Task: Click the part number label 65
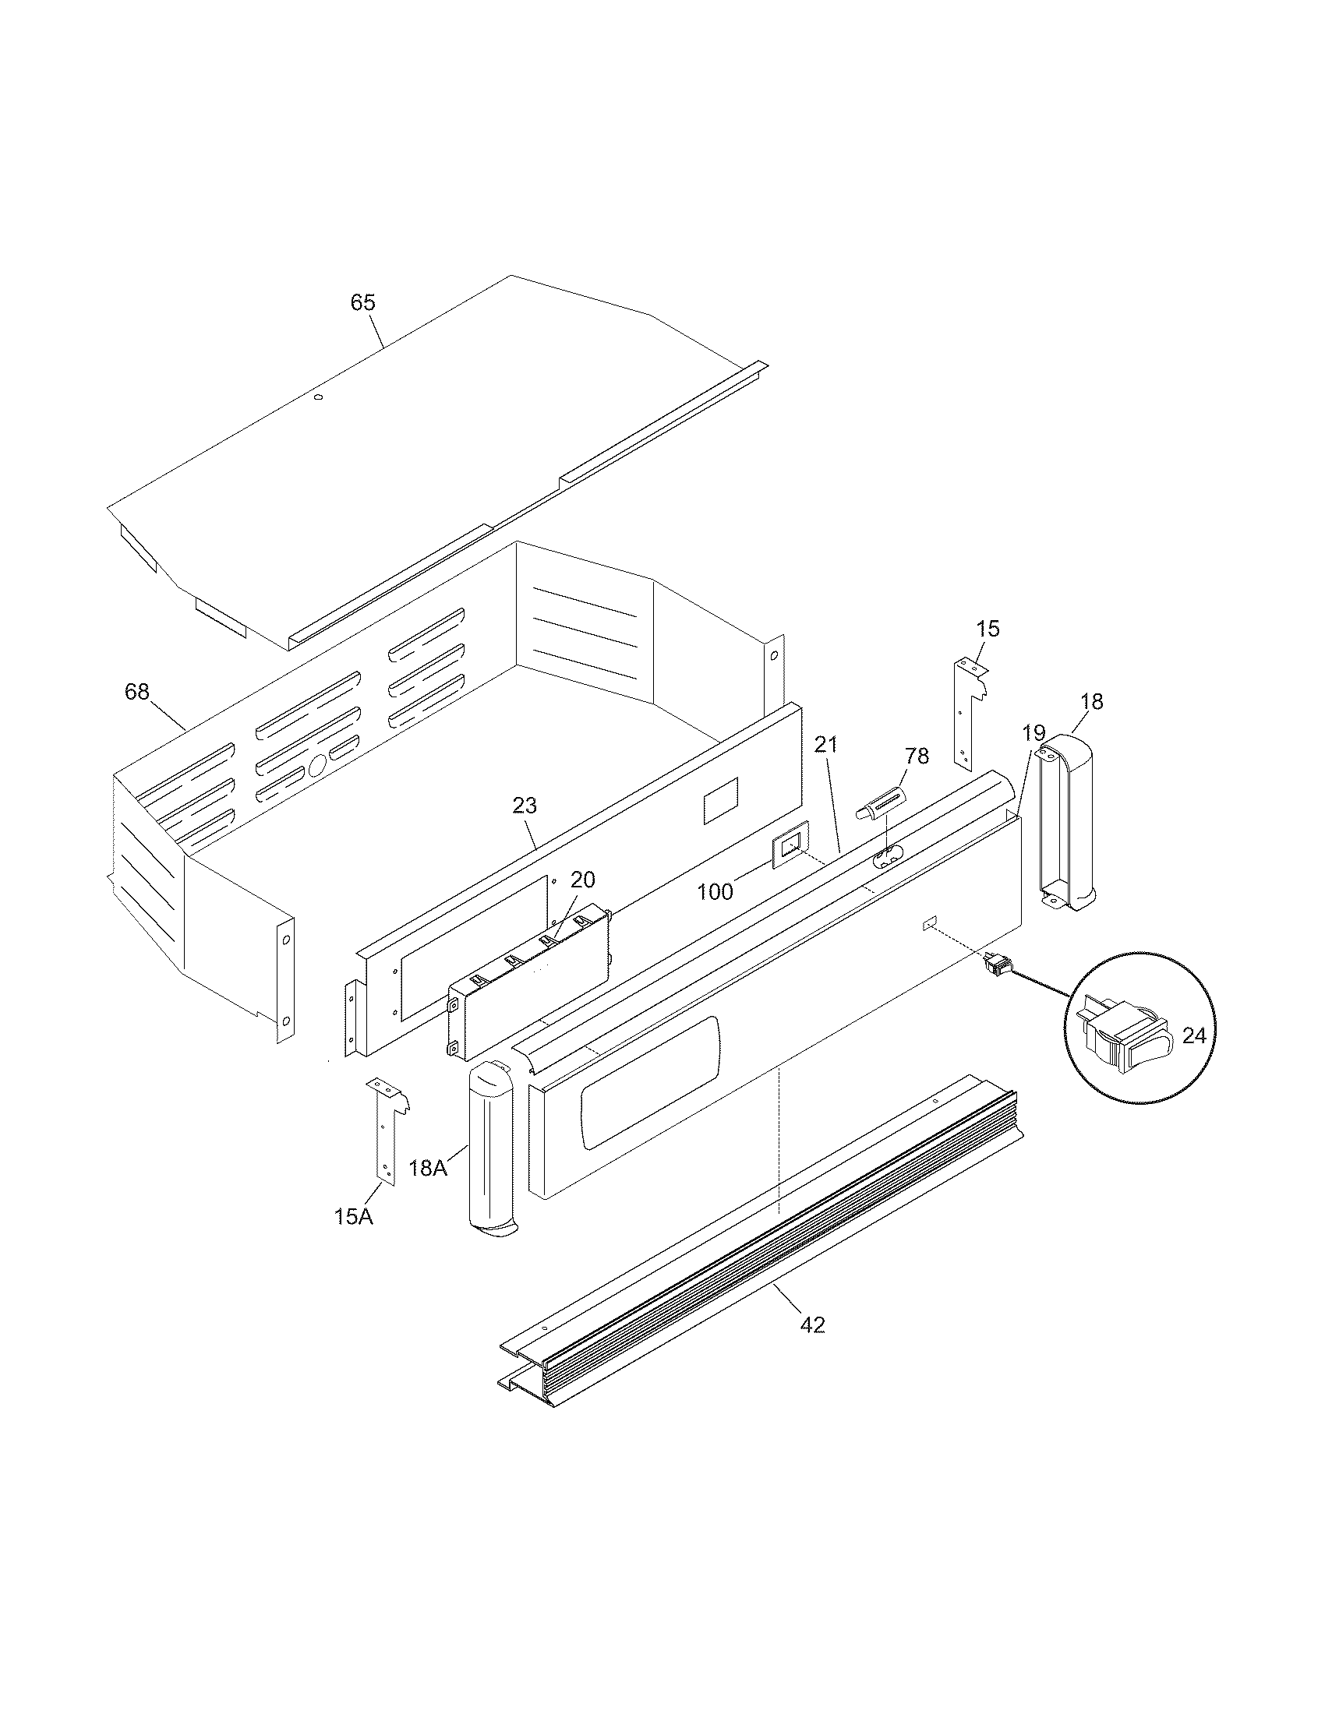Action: point(362,303)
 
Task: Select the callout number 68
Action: point(136,692)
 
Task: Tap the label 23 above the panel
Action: point(525,806)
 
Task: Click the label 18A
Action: point(428,1190)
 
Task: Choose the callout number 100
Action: point(715,891)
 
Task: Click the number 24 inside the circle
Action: point(1194,1036)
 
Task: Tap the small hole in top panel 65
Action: point(318,398)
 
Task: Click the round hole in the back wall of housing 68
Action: point(317,766)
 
